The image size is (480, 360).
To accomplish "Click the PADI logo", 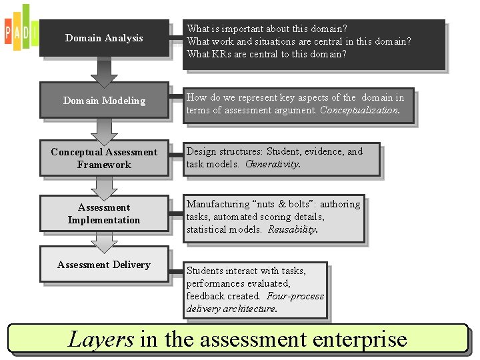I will [20, 28].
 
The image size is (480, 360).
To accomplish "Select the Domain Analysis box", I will [104, 38].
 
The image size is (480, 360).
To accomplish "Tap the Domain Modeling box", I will [104, 101].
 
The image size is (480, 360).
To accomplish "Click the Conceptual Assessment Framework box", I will [104, 158].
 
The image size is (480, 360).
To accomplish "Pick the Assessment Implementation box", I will [104, 213].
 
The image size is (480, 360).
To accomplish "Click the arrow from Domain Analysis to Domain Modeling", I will [103, 71].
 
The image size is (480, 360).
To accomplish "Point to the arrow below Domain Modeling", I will [103, 129].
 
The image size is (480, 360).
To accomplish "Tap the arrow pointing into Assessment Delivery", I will [103, 241].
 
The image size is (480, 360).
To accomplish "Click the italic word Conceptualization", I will [359, 111].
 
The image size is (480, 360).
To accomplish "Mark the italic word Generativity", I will [273, 165].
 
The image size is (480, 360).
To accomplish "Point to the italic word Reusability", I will [293, 229].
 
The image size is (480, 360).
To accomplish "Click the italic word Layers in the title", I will [101, 339].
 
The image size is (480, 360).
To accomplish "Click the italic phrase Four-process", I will [295, 296].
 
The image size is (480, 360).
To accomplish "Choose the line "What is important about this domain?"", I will [267, 29].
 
